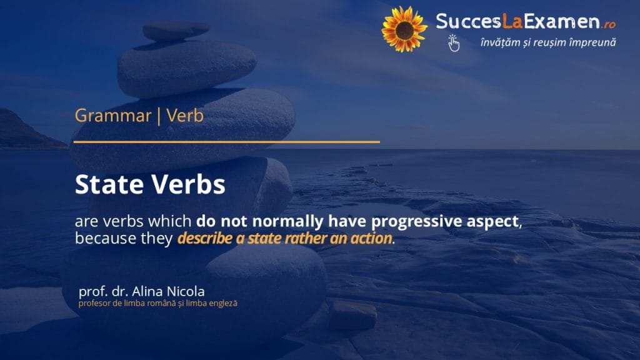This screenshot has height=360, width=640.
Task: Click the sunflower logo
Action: (404, 29)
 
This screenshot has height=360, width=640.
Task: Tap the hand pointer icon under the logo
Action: (453, 43)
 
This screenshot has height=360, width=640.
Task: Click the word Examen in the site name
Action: (562, 21)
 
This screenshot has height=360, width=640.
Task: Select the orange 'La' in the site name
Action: (512, 21)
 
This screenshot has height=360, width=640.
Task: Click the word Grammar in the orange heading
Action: (113, 116)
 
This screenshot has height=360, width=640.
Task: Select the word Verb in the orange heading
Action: (185, 116)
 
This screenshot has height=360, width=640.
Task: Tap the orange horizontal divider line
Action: (226, 142)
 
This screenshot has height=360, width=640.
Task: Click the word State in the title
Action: (109, 184)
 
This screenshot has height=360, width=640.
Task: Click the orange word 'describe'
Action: (205, 238)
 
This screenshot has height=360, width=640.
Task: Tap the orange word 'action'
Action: (371, 238)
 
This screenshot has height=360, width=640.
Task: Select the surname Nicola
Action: (186, 291)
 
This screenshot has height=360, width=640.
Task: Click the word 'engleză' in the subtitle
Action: (223, 303)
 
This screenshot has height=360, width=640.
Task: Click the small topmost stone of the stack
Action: (176, 31)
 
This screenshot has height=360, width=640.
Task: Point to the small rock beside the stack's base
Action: (352, 315)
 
